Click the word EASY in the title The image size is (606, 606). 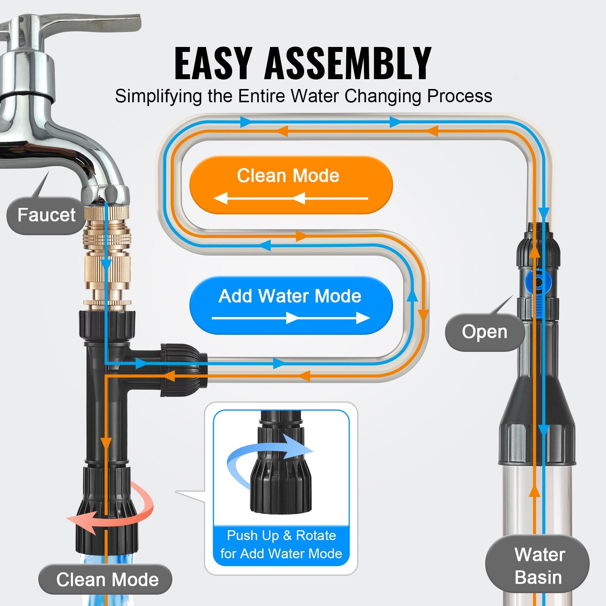point(213,64)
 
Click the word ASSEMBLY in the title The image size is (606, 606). point(348,64)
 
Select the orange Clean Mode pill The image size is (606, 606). point(291,184)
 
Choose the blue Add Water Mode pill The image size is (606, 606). point(291,305)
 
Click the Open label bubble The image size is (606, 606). point(484,332)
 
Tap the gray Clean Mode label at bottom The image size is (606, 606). point(106,579)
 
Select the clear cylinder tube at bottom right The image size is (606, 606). point(538,504)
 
